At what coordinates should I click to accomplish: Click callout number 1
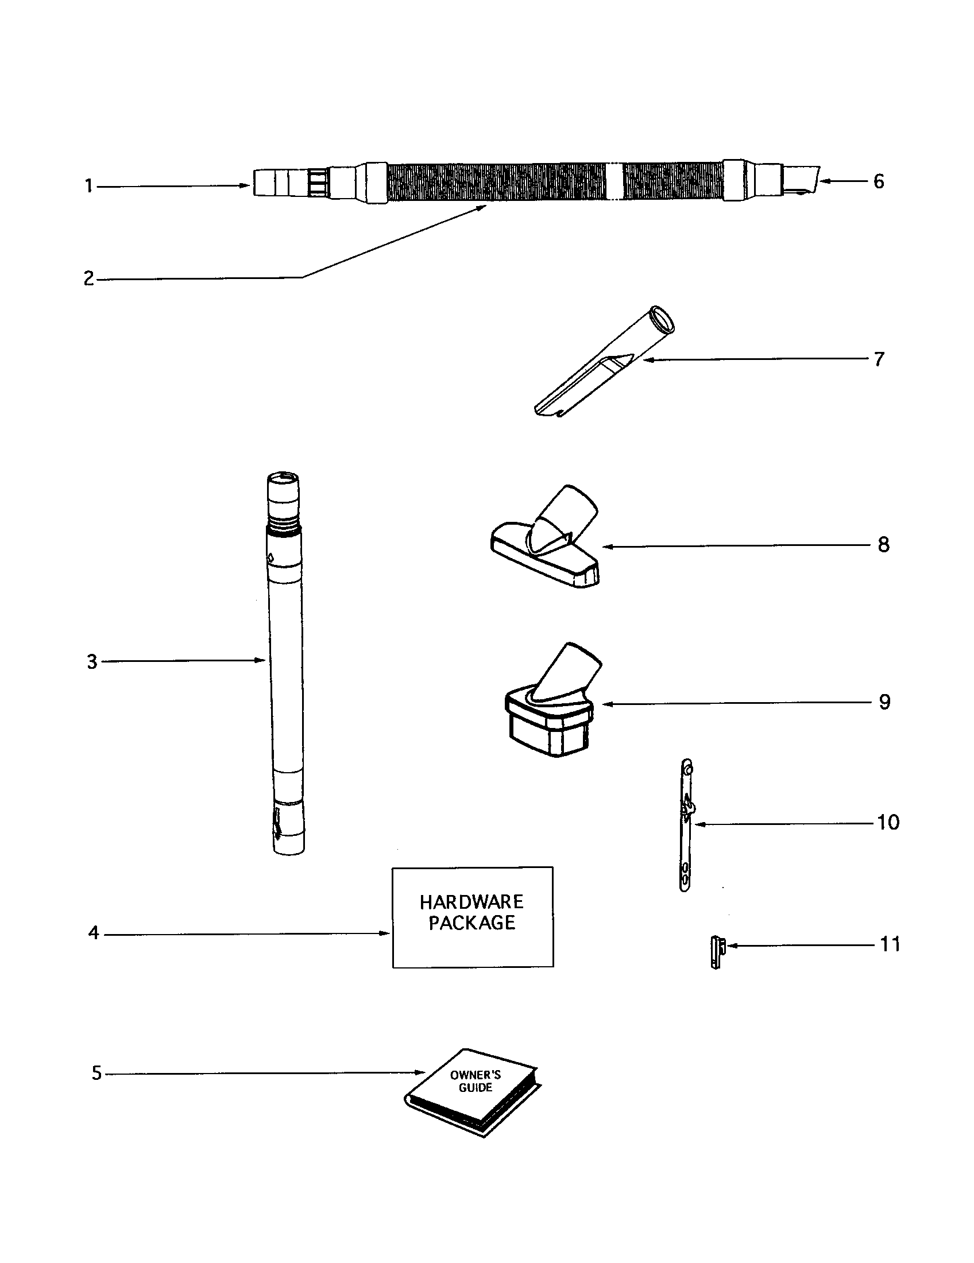tap(89, 187)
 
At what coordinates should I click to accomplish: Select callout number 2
tap(88, 279)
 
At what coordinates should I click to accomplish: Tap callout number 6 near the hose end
tap(879, 181)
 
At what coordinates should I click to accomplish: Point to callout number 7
tap(879, 359)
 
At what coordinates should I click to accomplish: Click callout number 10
tap(888, 822)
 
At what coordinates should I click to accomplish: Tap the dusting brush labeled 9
tap(550, 711)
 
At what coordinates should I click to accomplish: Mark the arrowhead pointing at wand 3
tap(261, 660)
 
